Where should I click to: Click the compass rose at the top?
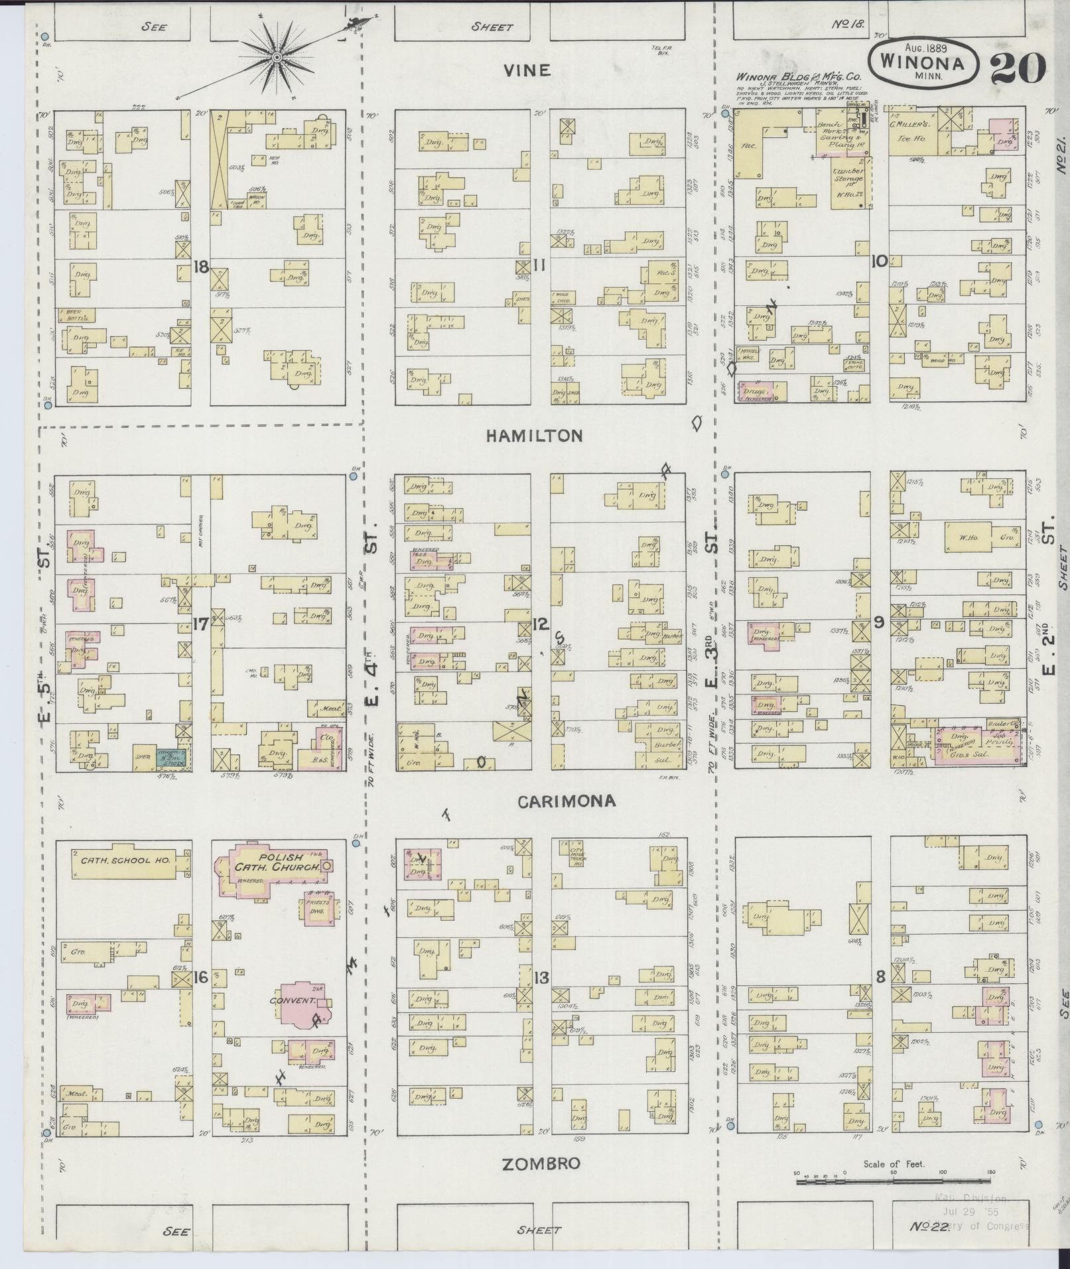point(276,58)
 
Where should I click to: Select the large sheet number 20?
point(1018,68)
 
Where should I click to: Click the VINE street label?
point(527,70)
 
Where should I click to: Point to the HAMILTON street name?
point(534,436)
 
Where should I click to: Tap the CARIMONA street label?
point(566,801)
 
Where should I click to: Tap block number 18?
point(201,267)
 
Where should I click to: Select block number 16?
point(201,976)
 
